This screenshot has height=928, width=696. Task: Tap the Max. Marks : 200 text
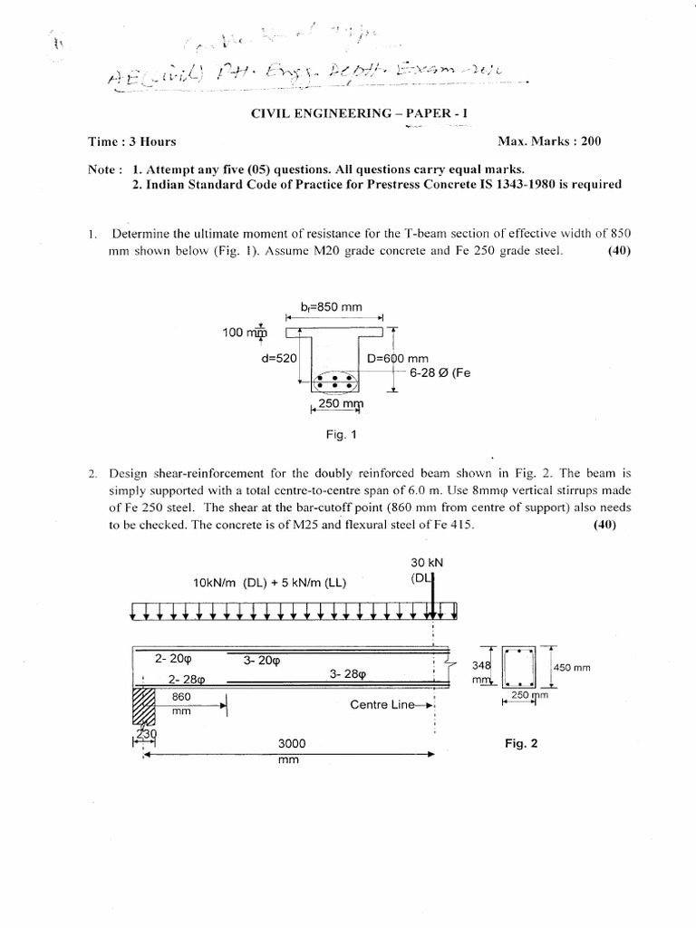549,141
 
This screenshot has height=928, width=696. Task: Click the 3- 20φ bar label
262,660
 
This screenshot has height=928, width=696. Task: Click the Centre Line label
386,703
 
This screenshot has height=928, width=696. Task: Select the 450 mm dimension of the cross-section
572,667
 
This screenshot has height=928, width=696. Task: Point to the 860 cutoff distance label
184,698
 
